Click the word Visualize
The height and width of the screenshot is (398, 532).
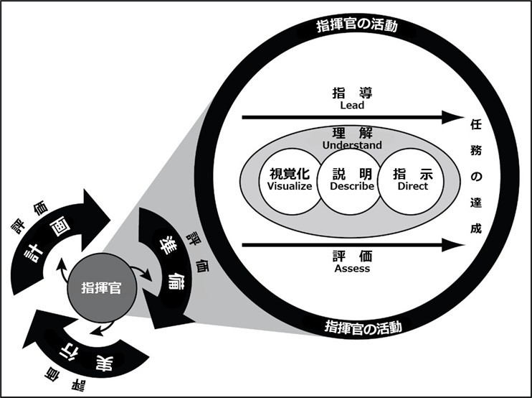coord(290,186)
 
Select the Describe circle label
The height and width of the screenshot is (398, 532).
coord(352,186)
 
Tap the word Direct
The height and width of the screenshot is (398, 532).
coord(412,186)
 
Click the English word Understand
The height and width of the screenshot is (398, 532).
coord(352,145)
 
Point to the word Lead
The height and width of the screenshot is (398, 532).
coord(351,105)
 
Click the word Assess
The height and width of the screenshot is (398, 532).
coord(351,269)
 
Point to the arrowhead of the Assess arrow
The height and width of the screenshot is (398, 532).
coord(452,246)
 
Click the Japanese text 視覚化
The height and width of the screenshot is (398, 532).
coord(289,174)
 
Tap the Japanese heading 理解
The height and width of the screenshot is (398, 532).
coord(351,134)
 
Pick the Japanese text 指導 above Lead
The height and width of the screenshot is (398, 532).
coord(351,93)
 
